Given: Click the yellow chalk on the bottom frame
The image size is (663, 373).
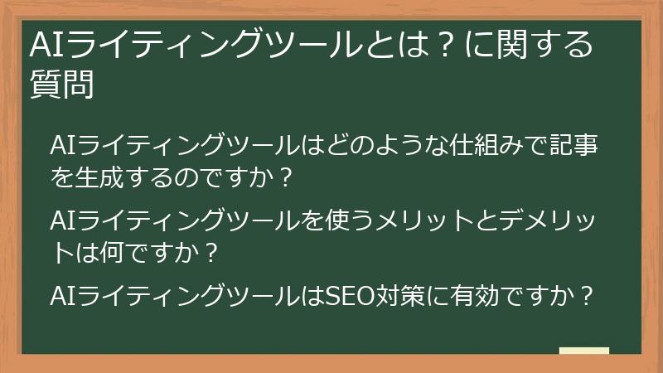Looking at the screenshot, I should click(x=583, y=351).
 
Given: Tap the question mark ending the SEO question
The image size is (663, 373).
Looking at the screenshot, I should click(x=588, y=295).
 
